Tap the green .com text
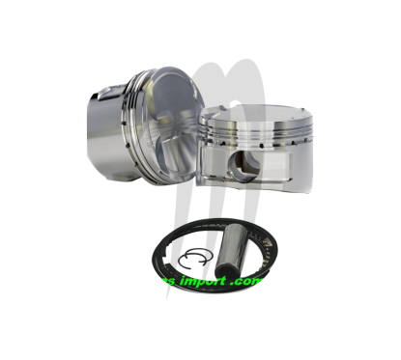(248, 282)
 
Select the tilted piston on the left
(145, 125)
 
